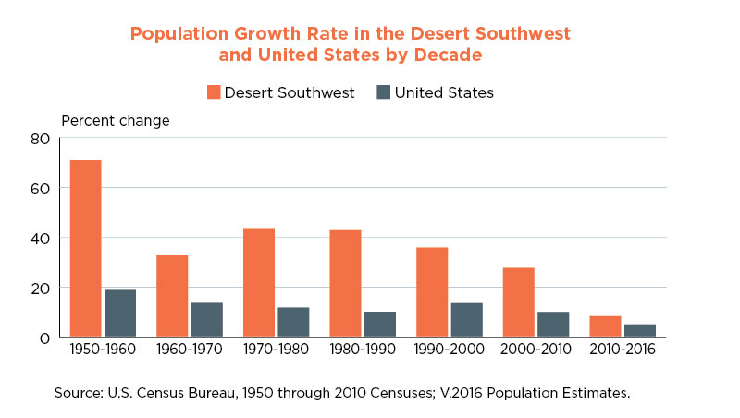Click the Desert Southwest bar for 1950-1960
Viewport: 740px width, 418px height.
(x=85, y=249)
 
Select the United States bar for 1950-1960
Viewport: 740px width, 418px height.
(x=120, y=313)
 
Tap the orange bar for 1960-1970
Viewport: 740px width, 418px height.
(x=172, y=296)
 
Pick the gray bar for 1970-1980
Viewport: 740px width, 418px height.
(x=293, y=322)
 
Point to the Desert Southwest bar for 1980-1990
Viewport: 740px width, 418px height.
(x=345, y=284)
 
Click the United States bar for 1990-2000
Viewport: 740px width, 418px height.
(x=467, y=320)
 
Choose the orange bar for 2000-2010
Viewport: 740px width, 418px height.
(x=519, y=302)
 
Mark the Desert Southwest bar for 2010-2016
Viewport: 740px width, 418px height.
(x=606, y=326)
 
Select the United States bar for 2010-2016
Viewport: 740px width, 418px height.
(x=640, y=331)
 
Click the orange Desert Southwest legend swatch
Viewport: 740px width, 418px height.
(x=214, y=92)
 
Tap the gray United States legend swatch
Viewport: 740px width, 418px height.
(x=384, y=92)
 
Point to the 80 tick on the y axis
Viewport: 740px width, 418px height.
(x=40, y=139)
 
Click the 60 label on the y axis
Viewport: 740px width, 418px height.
(x=40, y=189)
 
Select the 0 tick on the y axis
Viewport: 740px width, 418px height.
(x=44, y=338)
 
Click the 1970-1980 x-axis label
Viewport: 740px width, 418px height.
(x=276, y=350)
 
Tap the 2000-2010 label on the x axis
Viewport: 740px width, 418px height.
(x=536, y=350)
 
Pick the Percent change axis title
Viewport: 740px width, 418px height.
(x=116, y=121)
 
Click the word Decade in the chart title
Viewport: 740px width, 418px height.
(x=449, y=55)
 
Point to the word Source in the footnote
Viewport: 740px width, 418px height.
(x=79, y=393)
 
